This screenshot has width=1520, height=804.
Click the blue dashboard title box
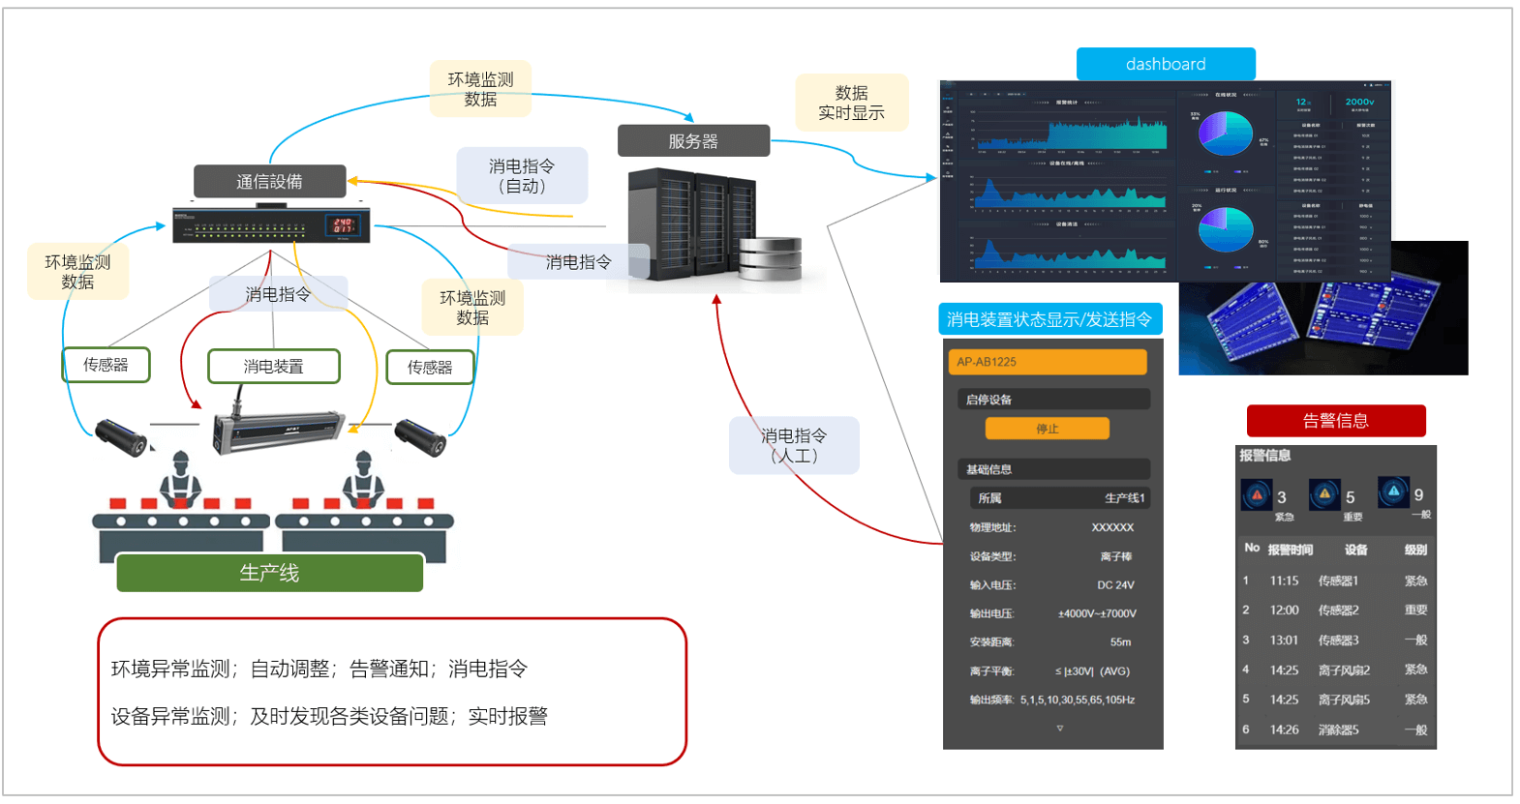(1165, 64)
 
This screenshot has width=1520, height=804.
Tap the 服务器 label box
(693, 141)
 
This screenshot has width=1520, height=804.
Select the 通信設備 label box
(269, 181)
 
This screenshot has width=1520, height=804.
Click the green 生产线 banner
(269, 573)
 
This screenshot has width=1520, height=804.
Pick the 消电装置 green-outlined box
(274, 367)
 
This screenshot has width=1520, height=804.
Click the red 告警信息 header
(1335, 421)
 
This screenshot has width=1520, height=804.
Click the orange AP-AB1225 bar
(1047, 362)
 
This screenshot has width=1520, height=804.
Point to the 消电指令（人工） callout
(794, 445)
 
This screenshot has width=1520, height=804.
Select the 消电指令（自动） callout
(522, 176)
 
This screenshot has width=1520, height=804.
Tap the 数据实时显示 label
(852, 103)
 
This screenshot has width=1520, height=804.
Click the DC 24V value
(1115, 585)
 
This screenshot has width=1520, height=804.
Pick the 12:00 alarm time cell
(1284, 610)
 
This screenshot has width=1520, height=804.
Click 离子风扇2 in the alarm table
(1344, 670)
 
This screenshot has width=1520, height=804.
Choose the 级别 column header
(1415, 550)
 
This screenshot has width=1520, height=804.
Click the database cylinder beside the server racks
(771, 259)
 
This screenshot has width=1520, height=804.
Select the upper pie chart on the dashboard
(1225, 134)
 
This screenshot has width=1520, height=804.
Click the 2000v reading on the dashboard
(1359, 102)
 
